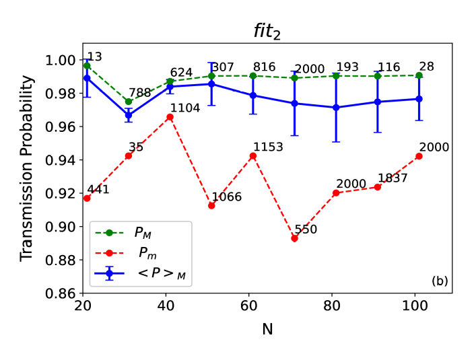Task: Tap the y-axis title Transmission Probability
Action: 26,168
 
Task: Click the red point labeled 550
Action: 294,238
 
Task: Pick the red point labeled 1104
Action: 170,117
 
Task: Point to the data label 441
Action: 97,190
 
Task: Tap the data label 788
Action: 139,92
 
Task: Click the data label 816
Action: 265,67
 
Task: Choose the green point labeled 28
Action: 419,75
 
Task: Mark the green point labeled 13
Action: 87,66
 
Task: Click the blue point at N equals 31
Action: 129,115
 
